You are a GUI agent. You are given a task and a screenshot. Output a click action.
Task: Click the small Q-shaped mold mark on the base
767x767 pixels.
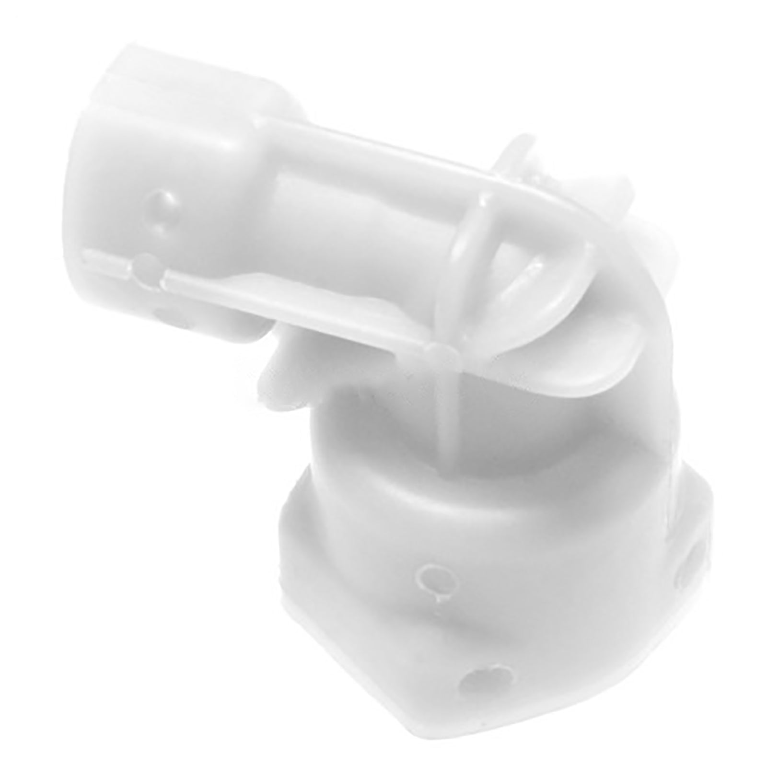pos(430,577)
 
